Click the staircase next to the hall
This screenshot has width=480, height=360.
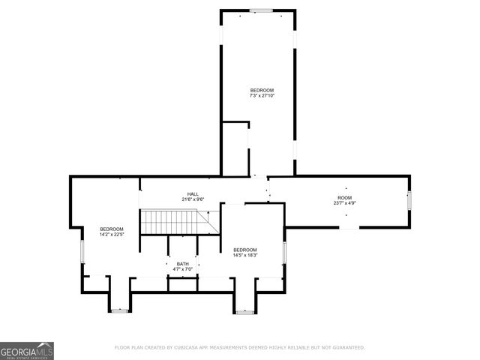(175, 222)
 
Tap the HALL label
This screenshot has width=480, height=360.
(193, 193)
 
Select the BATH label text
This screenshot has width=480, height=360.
(182, 264)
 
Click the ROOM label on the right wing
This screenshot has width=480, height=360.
(344, 197)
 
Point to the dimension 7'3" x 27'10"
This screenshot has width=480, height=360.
(262, 96)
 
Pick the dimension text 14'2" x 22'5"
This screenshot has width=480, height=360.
(112, 234)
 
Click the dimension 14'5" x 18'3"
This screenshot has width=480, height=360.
(245, 255)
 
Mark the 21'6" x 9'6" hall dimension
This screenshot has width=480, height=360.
(193, 199)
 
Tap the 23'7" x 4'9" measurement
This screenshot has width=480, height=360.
(344, 202)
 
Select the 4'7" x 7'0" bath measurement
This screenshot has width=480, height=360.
(182, 269)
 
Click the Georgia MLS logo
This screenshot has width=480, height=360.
(27, 351)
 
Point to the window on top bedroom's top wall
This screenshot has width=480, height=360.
(261, 10)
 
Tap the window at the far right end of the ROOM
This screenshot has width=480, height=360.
(409, 200)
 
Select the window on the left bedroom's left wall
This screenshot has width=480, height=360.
(82, 252)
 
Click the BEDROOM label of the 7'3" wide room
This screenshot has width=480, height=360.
(262, 90)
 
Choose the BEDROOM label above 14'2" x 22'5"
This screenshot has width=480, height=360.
(112, 229)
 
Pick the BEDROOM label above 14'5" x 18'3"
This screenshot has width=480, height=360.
(245, 250)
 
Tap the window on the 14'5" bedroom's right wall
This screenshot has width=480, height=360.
(284, 253)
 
